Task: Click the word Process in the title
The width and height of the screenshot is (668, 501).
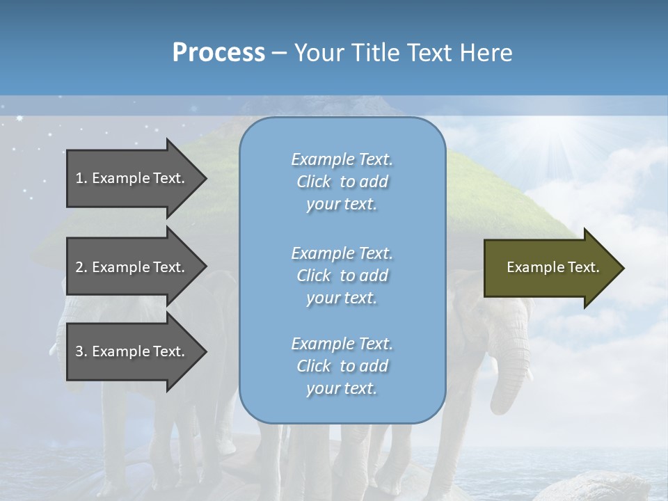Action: [x=218, y=53]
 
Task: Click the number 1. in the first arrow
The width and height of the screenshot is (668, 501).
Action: [x=81, y=178]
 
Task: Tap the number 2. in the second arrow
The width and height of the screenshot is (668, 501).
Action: [x=81, y=267]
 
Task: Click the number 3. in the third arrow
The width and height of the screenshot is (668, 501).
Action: [x=81, y=351]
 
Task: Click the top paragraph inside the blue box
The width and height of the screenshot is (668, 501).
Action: [x=342, y=182]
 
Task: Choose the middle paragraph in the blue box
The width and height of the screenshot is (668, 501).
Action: [x=342, y=276]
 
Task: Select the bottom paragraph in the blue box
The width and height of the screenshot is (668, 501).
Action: [x=342, y=366]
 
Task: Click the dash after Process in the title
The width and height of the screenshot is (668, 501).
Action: [x=280, y=53]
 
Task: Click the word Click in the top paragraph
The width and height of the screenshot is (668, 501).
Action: [x=313, y=182]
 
